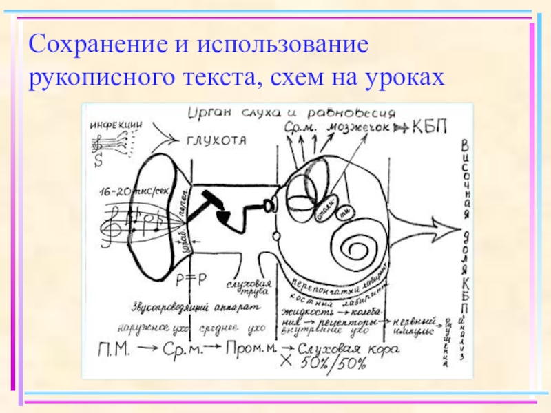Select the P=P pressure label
186,278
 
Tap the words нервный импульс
415,327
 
